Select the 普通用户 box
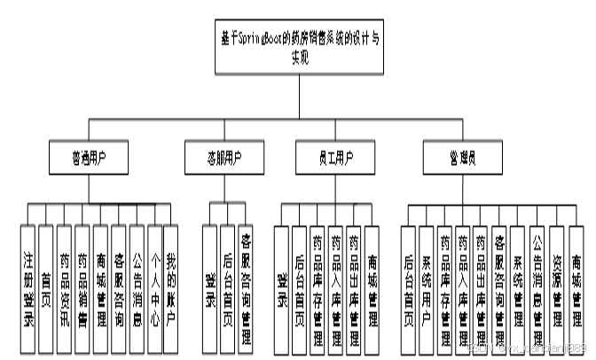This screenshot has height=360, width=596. coord(88,159)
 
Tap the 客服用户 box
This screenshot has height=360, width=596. coord(223,159)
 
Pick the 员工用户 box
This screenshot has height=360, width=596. coord(325,159)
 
